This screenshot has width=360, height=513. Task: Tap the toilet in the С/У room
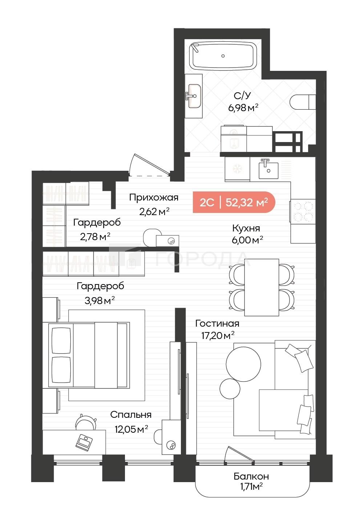(303, 102)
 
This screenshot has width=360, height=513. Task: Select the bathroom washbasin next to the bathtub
(194, 96)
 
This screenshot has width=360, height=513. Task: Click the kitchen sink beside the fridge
(268, 170)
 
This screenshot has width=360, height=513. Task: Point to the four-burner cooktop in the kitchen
(303, 211)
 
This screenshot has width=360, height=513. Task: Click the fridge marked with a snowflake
(237, 169)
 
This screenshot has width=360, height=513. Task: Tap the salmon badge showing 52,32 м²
(234, 202)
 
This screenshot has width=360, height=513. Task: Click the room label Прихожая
(153, 197)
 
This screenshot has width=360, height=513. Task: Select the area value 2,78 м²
(95, 237)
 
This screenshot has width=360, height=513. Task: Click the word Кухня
(246, 228)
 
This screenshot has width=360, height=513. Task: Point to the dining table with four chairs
(262, 287)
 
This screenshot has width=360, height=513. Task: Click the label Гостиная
(217, 323)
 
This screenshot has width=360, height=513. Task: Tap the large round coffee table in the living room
(243, 364)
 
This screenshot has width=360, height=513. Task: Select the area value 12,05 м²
(131, 429)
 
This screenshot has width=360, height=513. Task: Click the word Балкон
(251, 476)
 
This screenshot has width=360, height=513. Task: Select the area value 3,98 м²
(100, 300)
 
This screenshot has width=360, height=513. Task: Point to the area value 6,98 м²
(243, 108)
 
